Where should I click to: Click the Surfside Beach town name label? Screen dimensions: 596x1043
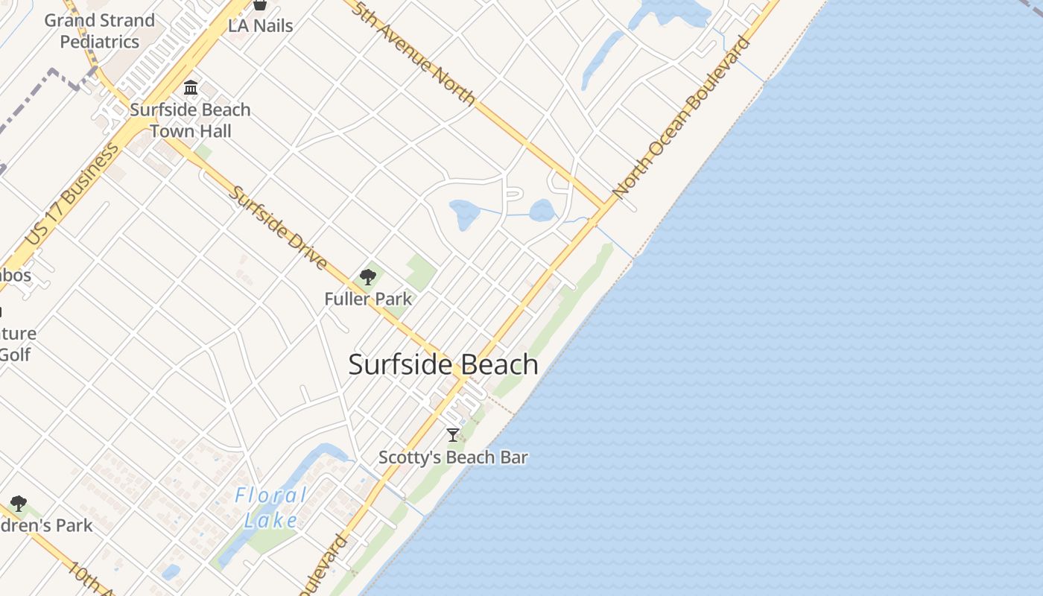[x=443, y=365]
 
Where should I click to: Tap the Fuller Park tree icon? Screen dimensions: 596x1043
[x=367, y=278]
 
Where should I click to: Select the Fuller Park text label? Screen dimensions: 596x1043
[x=368, y=299]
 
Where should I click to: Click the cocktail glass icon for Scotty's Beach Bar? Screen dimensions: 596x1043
[x=452, y=435]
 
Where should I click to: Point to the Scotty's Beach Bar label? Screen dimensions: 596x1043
[x=453, y=457]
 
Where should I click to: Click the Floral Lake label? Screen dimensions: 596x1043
[x=270, y=507]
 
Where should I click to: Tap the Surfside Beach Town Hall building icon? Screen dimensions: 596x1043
[x=191, y=88]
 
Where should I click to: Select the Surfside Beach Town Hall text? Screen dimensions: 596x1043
[x=191, y=120]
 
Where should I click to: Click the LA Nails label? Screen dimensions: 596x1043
[x=260, y=25]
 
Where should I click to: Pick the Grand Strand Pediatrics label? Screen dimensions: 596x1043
[x=100, y=31]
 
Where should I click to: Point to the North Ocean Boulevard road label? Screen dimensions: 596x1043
[x=682, y=117]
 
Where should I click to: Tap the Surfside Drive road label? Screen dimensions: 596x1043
[x=278, y=227]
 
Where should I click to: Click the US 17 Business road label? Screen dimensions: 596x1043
[x=72, y=194]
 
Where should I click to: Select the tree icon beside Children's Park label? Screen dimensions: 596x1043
[x=19, y=504]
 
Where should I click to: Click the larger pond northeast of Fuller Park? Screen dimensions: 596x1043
[x=464, y=215]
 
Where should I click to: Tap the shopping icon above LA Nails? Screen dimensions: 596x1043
[x=259, y=5]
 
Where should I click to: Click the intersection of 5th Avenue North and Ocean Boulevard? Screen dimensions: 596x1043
[x=603, y=208]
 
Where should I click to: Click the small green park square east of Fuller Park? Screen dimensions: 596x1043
[x=421, y=273]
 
